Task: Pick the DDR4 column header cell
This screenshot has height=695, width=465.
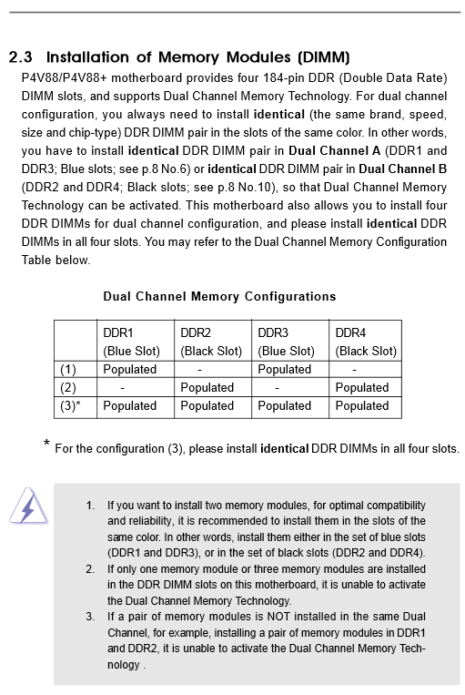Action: coord(366,342)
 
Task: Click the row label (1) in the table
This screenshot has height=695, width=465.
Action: coord(68,370)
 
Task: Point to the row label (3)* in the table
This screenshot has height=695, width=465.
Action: coord(70,406)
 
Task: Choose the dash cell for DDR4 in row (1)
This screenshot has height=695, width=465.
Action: coord(354,370)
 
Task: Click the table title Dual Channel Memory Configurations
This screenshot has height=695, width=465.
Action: coord(219,296)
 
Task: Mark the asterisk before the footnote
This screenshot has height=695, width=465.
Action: coord(46,445)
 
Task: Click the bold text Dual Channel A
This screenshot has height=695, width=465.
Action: coord(335,150)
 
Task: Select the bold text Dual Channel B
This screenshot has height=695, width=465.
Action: coord(403,169)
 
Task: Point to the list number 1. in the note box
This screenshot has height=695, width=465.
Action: coord(90,505)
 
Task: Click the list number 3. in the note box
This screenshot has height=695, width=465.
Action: coord(90,617)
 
